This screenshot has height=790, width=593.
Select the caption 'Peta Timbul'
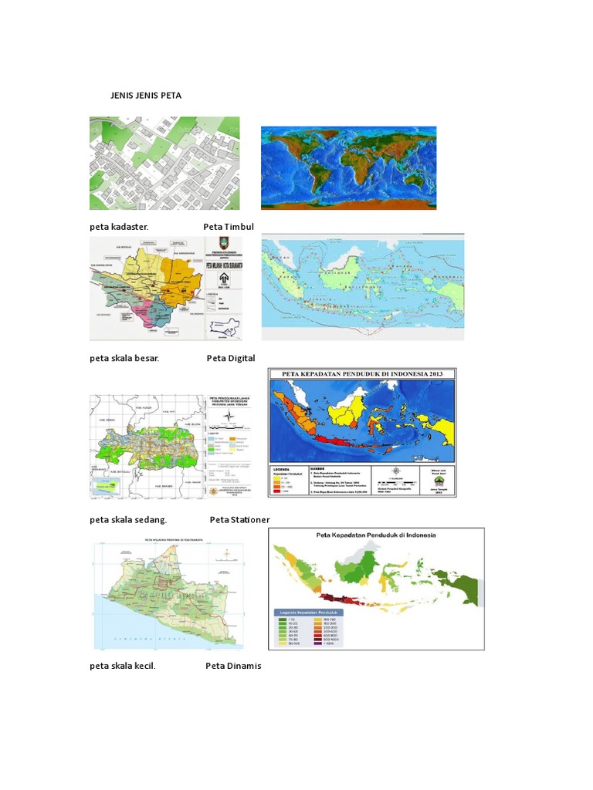tap(229, 227)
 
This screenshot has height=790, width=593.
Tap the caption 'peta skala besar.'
tap(124, 358)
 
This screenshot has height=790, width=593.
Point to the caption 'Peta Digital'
tap(230, 358)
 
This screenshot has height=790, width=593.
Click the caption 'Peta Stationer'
tap(239, 520)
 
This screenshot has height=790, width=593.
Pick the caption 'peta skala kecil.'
tap(123, 666)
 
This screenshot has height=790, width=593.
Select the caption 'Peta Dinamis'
tap(233, 666)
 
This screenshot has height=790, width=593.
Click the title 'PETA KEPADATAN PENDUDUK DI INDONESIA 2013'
tap(362, 375)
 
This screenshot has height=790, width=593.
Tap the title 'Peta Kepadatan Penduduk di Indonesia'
tap(376, 535)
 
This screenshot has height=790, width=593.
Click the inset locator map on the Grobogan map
tap(107, 485)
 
